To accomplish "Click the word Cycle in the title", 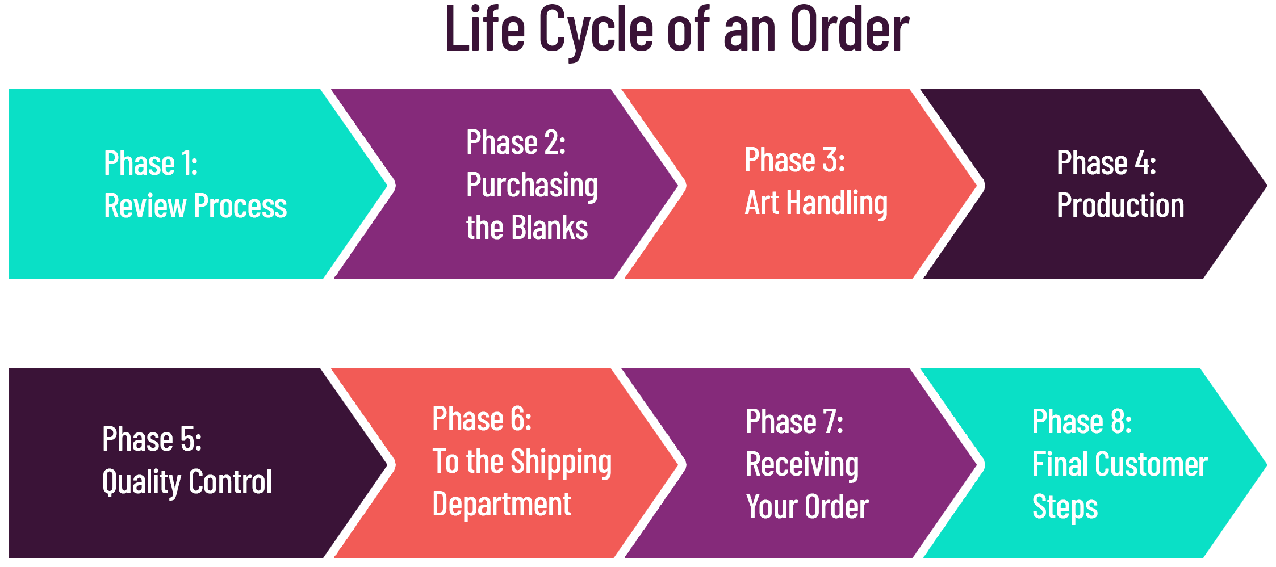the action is coord(596,31).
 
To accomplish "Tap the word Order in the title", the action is coord(850,29).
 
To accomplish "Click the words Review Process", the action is coord(195,205).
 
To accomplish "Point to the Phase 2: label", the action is coord(516,142).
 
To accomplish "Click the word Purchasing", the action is coord(532,186).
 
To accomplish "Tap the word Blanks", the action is coord(549,227).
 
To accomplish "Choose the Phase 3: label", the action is coord(794,160).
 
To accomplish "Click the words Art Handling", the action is coord(816,204).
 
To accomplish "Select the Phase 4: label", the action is coord(1106,163).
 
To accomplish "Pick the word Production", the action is coord(1120,205).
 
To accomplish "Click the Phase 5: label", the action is coord(152,439).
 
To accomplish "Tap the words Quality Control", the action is coord(187,483).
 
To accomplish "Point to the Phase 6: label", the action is coord(482,419).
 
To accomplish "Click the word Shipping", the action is coord(561,463).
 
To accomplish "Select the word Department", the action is coord(501,505).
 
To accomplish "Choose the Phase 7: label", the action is coord(794,422).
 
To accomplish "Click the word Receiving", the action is coord(802,465).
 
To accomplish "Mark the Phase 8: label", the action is coord(1082,422).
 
